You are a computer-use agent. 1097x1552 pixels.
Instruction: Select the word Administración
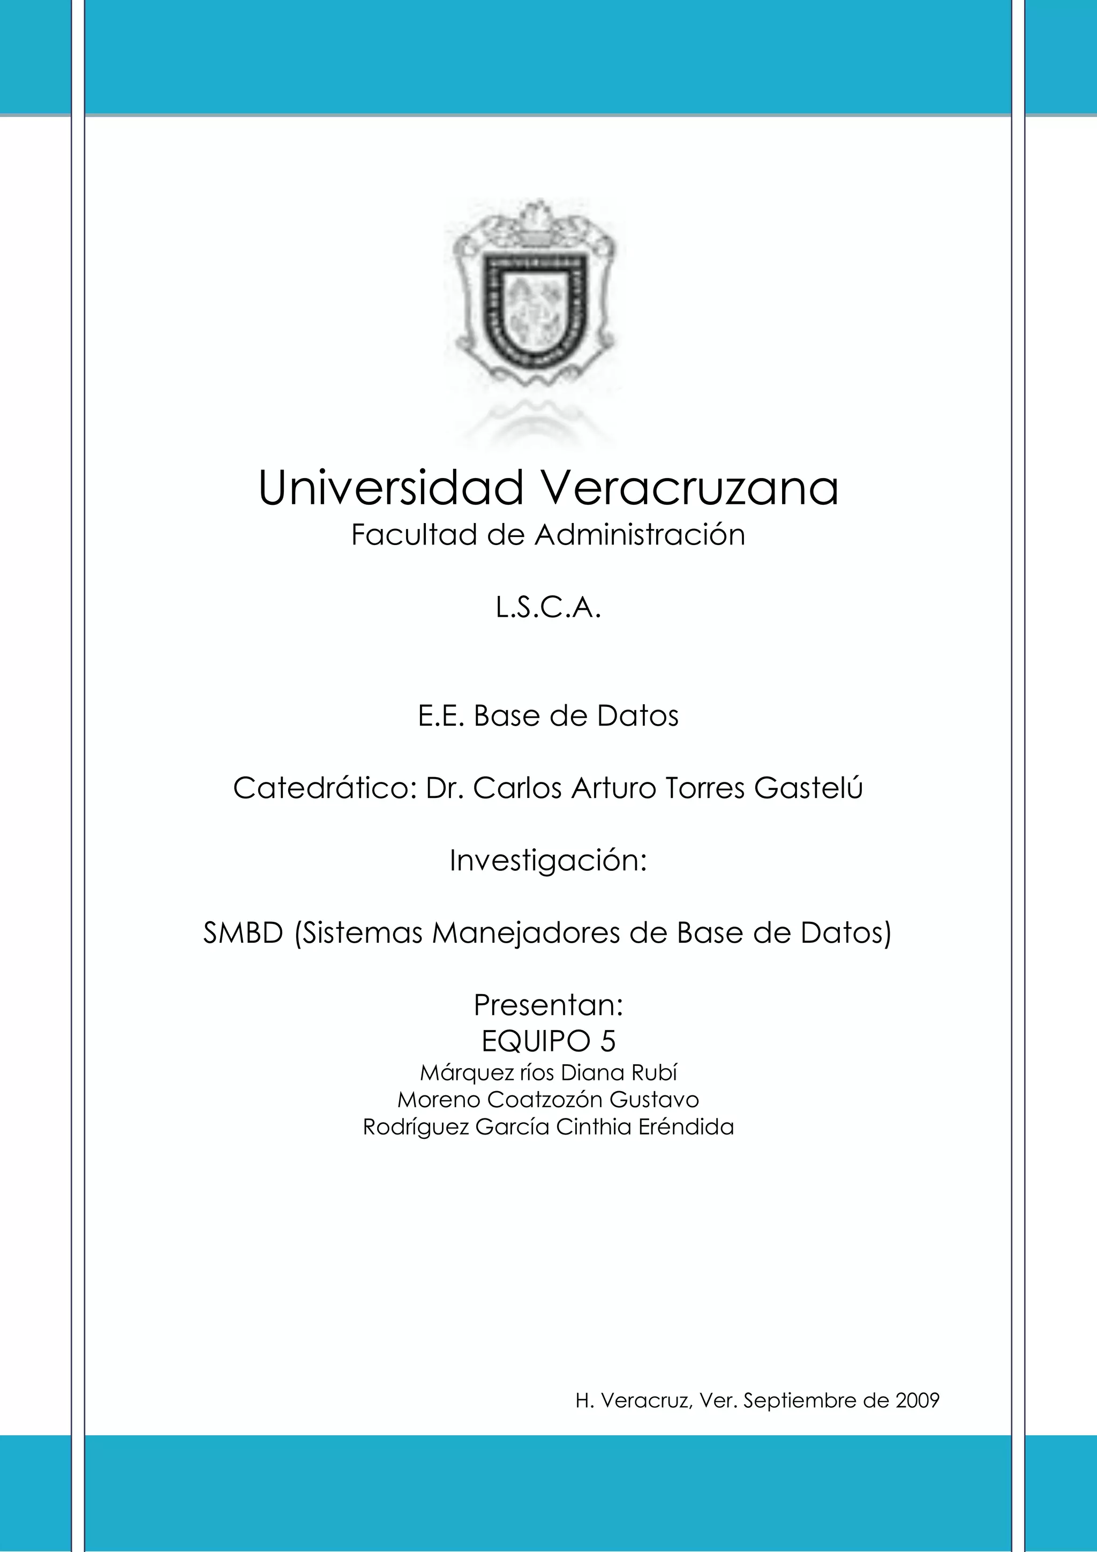641,535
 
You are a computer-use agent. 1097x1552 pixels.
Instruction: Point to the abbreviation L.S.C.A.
548,609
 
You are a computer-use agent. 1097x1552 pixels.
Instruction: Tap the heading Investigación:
548,861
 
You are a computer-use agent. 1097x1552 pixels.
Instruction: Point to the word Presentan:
548,1005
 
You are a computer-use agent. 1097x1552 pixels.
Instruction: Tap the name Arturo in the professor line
613,788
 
